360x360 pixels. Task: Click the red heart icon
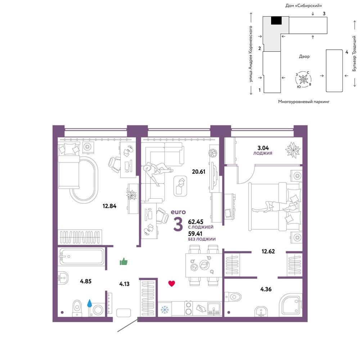point(172,284)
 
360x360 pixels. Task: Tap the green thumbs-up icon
point(123,261)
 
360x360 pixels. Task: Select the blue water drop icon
point(90,303)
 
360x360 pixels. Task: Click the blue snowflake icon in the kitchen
point(165,310)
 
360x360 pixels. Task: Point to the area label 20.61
point(199,171)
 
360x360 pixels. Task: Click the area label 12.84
point(109,206)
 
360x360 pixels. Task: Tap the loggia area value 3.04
point(263,148)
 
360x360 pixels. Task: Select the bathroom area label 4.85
point(86,281)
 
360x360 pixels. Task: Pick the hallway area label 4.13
point(125,284)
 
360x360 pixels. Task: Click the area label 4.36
point(266,289)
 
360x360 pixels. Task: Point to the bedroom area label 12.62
point(268,251)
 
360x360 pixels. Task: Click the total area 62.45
point(195,221)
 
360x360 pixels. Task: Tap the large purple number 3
point(178,224)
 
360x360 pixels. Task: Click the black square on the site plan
point(276,21)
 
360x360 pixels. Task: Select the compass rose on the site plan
point(303,80)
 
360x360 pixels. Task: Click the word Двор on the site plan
point(304,56)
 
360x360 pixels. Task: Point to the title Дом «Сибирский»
point(303,5)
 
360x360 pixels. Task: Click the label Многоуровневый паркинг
point(304,101)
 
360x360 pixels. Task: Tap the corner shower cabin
point(291,305)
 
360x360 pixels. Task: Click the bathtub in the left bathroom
point(81,256)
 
